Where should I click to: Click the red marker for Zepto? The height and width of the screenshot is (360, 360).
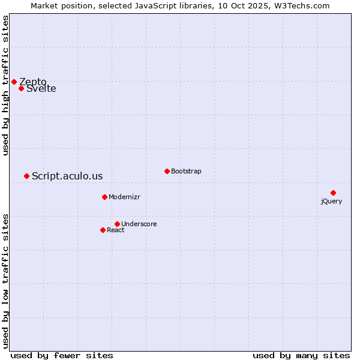tap(14, 82)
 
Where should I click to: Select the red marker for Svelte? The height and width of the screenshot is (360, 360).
tap(21, 89)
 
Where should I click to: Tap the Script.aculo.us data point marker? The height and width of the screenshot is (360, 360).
tap(26, 176)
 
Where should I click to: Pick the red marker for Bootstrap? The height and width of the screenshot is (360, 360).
tap(167, 171)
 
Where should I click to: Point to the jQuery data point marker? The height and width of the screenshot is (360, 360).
tap(333, 193)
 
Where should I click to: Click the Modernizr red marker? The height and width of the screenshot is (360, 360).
tap(104, 197)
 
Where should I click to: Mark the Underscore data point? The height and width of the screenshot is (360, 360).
tap(117, 224)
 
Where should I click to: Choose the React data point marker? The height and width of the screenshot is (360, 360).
tap(103, 230)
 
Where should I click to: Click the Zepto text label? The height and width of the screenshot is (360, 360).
tap(33, 82)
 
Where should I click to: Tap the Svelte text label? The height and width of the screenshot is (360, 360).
tap(41, 89)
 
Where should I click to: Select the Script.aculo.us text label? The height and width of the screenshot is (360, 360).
tap(67, 176)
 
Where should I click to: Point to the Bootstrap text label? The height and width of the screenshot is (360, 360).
tap(186, 171)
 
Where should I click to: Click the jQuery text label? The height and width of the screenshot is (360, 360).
tap(331, 201)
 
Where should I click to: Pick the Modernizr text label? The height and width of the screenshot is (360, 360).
tap(124, 197)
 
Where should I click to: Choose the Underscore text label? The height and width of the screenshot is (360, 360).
tap(139, 224)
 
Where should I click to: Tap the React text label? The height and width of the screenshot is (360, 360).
tap(116, 230)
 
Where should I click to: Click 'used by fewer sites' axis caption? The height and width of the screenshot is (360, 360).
tap(62, 355)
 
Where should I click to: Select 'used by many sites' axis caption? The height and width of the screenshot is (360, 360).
tap(301, 355)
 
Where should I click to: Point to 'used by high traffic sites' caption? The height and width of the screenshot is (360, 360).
tap(6, 85)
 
